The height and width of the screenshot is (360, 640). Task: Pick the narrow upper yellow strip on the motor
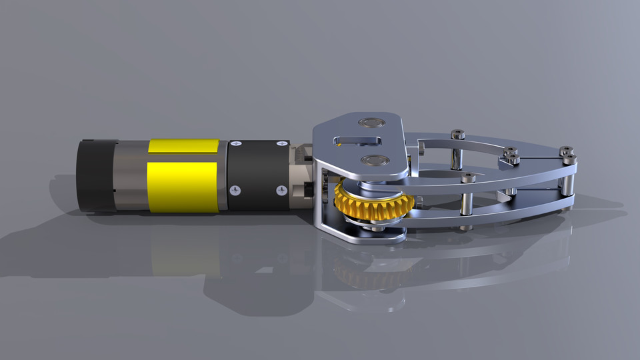click(x=183, y=146)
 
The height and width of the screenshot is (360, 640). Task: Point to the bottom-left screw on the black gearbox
click(x=235, y=191)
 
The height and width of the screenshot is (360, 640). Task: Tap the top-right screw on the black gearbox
click(x=280, y=143)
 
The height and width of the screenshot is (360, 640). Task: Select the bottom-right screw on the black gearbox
click(x=281, y=191)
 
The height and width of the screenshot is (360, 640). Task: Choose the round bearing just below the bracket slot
click(x=373, y=160)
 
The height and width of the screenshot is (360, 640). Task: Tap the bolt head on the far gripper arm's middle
click(x=457, y=135)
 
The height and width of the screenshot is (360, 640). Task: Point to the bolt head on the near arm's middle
click(x=468, y=177)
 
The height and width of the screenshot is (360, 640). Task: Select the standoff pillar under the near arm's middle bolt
click(x=467, y=203)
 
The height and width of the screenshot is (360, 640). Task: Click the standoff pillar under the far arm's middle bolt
click(x=457, y=157)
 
